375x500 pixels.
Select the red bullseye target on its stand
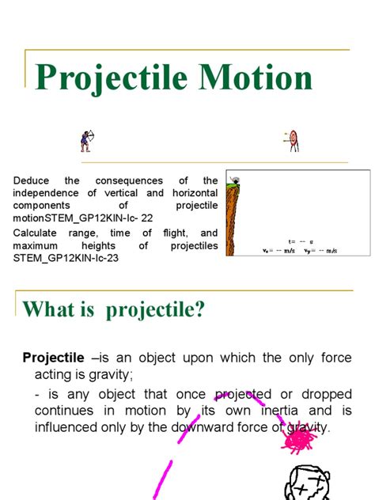[x=292, y=141]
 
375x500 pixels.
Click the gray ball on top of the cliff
[x=235, y=179]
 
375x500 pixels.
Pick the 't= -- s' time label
[x=301, y=241]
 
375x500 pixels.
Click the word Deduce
[x=32, y=181]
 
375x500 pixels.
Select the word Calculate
[x=37, y=233]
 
